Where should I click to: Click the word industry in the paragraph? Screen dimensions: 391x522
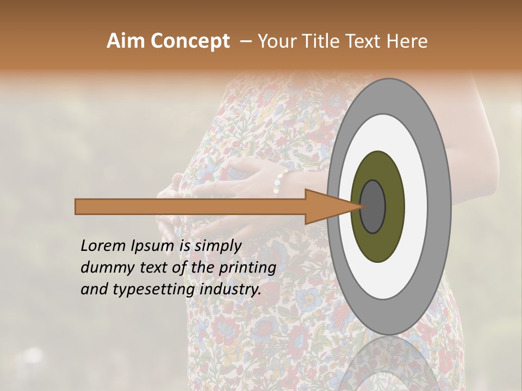click(x=230, y=289)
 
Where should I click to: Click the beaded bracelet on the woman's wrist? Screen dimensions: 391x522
click(x=280, y=181)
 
